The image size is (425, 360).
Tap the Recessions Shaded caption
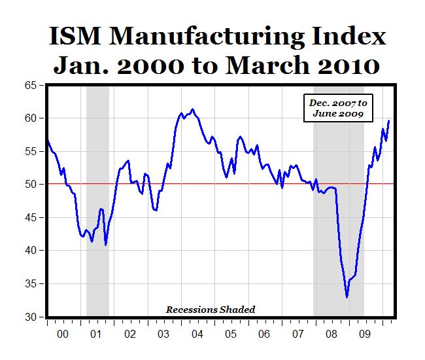210,309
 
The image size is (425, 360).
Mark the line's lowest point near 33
347,297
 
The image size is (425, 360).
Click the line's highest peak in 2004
192,109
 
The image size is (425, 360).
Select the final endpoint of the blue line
390,120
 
